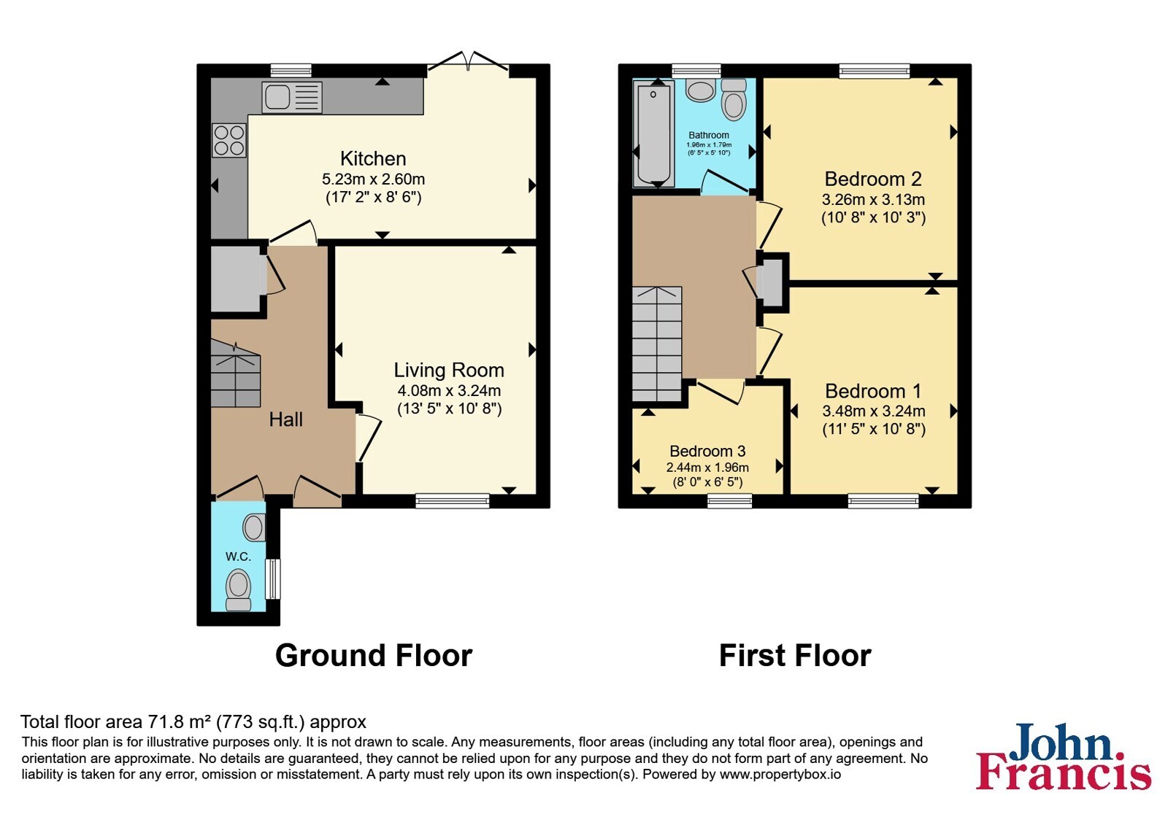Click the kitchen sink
[292, 98]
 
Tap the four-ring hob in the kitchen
[229, 140]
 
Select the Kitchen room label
[373, 158]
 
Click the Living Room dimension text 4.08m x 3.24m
[449, 390]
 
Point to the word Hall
[285, 419]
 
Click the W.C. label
[238, 557]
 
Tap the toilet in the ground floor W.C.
[238, 589]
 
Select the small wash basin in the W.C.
[254, 527]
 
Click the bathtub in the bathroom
[653, 134]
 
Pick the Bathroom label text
[709, 135]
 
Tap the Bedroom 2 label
[873, 179]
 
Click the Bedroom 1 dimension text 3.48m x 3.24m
[874, 411]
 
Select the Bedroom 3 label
[707, 451]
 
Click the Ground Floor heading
[373, 655]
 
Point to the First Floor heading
[795, 655]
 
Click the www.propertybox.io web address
[780, 774]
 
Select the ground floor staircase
[236, 373]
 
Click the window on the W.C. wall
[273, 579]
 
